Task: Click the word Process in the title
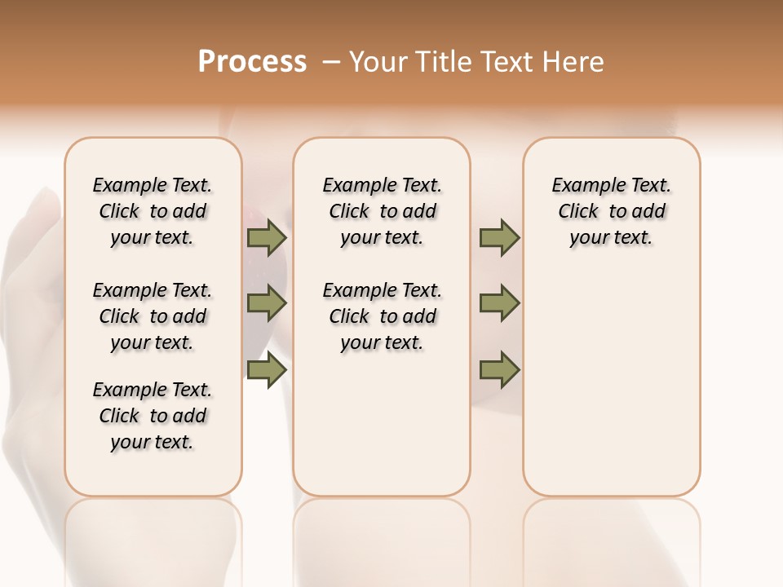coord(252,62)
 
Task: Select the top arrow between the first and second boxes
coord(267,238)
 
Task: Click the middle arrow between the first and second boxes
coord(267,303)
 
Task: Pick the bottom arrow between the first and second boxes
coord(267,369)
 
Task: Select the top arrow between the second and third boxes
coord(499,238)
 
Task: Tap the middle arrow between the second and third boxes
coord(499,303)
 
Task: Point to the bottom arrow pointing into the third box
coord(499,369)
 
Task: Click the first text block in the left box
coord(153,211)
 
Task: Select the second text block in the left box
coord(153,316)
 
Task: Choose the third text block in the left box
coord(153,416)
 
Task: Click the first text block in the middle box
coord(383,211)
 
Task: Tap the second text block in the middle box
coord(383,316)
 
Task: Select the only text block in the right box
coord(612,211)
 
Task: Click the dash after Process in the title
coord(331,62)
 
